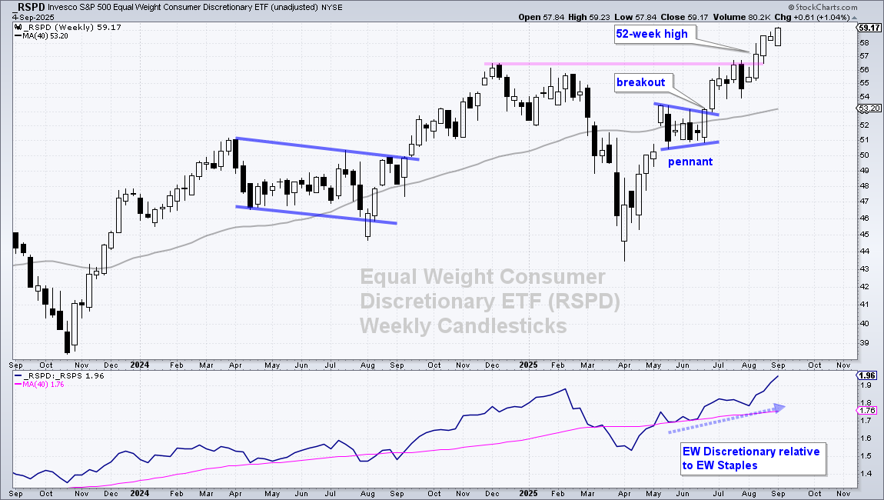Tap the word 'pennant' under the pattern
coord(689,162)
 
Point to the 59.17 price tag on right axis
coord(866,28)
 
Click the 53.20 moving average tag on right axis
coord(866,109)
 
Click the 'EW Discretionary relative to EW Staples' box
coord(751,458)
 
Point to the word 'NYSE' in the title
coord(333,7)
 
